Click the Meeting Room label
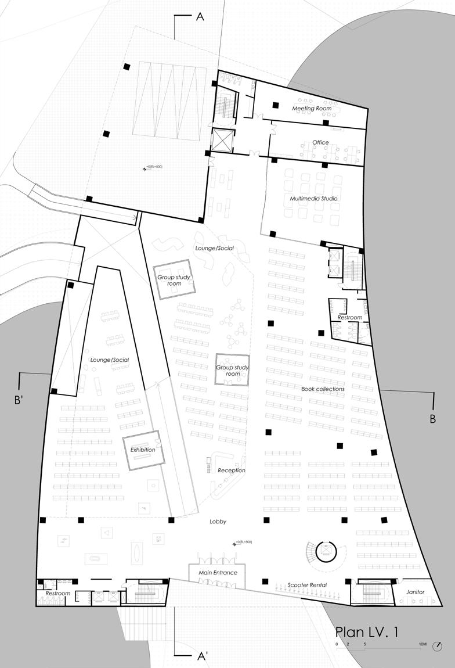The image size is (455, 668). point(312,109)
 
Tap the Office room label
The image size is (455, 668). point(320,142)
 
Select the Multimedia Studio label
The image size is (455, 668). point(313,199)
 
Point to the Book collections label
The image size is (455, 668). point(323,389)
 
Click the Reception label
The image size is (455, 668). point(232,471)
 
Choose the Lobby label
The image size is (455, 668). point(218,522)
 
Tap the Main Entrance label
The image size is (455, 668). point(213,573)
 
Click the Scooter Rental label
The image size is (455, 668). point(307,585)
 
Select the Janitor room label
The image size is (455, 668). point(416,592)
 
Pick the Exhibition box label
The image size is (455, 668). point(143,450)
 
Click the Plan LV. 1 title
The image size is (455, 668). point(367,633)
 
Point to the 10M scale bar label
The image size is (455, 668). point(424,645)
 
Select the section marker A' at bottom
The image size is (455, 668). point(203,656)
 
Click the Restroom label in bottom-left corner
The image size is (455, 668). point(57,594)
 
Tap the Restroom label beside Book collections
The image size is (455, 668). point(349,318)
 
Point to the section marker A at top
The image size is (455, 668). point(200,17)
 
